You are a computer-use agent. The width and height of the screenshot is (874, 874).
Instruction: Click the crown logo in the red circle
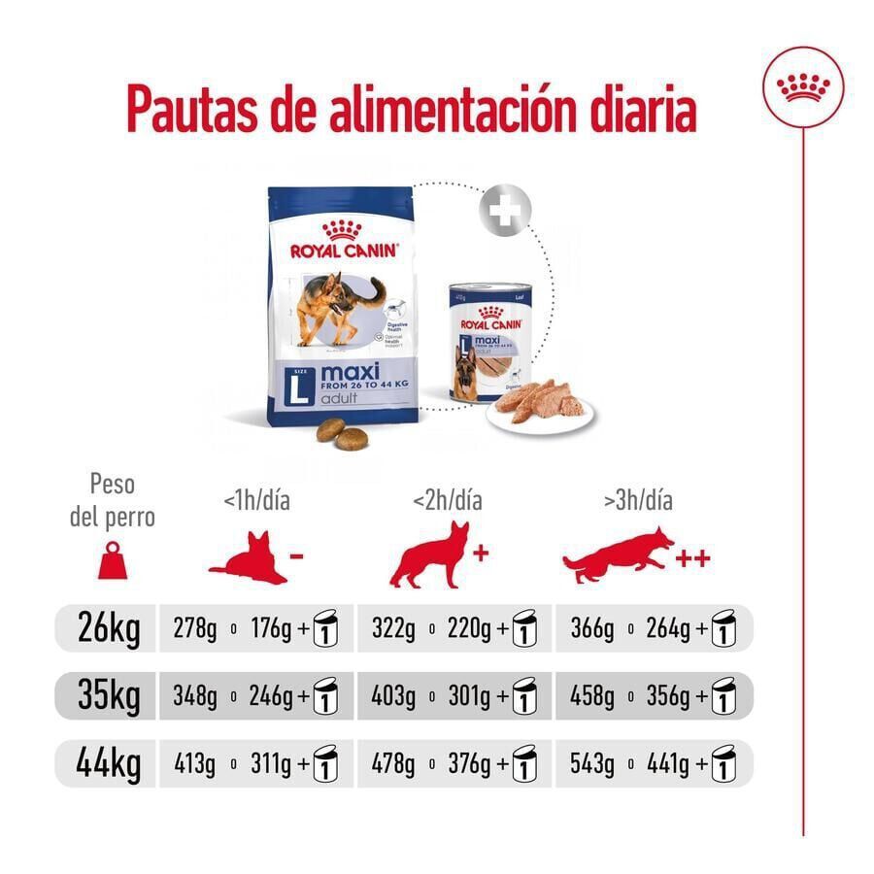tap(803, 87)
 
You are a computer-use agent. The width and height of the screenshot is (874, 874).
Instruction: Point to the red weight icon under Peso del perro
tap(113, 560)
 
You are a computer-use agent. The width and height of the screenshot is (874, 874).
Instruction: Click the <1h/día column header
tap(256, 501)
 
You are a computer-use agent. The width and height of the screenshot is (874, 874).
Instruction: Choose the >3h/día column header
tap(638, 501)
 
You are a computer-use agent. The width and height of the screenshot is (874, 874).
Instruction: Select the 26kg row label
tap(109, 629)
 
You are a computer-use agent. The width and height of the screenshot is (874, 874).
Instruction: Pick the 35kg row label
tap(109, 696)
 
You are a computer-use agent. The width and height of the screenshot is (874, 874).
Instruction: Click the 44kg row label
tap(109, 764)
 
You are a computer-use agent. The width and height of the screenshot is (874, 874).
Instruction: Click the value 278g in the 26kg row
tap(195, 630)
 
